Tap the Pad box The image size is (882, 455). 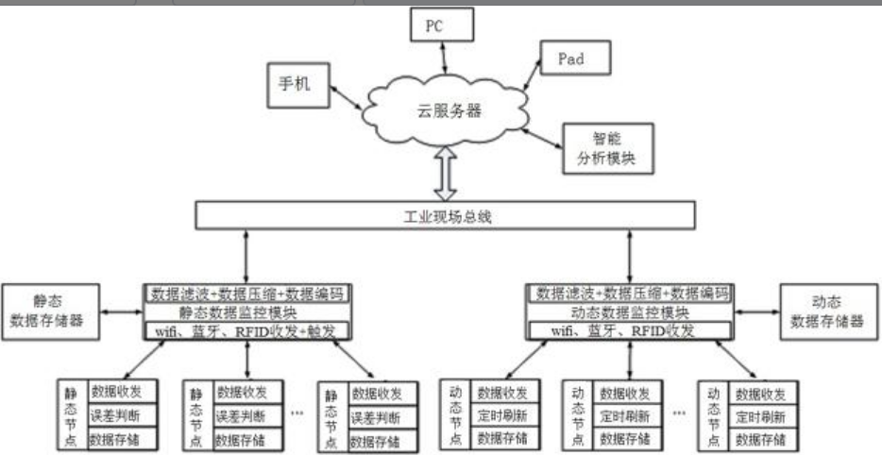[x=570, y=59]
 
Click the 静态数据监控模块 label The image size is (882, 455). [x=248, y=312]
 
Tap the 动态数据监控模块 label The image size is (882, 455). [x=630, y=312]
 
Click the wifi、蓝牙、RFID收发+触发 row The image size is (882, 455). [x=248, y=330]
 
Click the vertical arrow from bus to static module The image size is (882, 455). [x=246, y=255]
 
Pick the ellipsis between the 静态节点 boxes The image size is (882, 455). [x=297, y=413]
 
